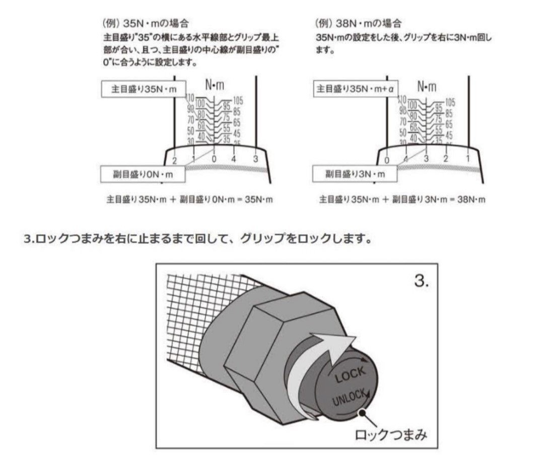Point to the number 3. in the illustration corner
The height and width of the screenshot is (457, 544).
point(422,281)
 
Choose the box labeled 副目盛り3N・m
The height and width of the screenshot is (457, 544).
point(354,174)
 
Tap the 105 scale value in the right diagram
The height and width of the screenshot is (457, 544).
point(450,102)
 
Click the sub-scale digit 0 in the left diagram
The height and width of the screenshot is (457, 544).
point(214,159)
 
